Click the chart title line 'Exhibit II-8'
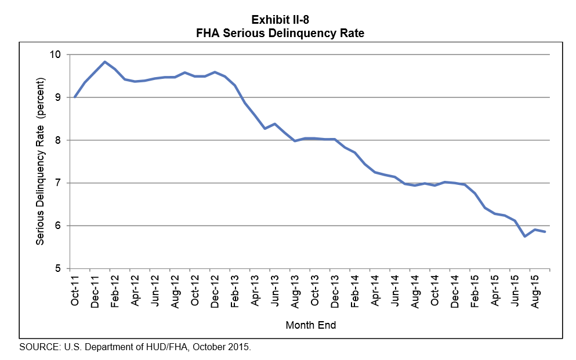(280, 21)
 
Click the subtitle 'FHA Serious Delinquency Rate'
(280, 34)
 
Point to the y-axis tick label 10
(56, 54)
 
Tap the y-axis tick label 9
(59, 97)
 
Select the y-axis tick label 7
(59, 183)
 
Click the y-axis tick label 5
(59, 268)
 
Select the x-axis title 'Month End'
(310, 325)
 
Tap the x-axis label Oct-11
(75, 290)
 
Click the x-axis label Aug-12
(175, 290)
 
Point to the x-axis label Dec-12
(215, 290)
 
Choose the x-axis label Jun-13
(275, 290)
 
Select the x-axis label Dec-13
(335, 290)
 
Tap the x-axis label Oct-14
(434, 290)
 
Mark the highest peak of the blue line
(104, 61)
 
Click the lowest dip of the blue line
(524, 236)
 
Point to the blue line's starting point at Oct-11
(75, 97)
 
